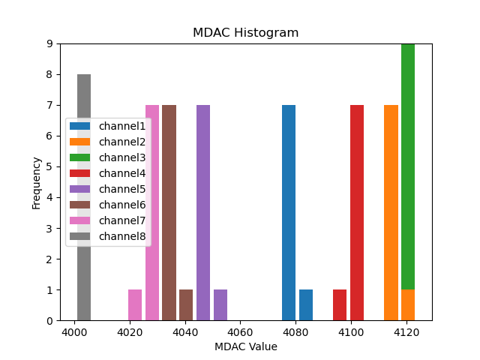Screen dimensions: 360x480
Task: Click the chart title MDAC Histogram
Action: coord(245,33)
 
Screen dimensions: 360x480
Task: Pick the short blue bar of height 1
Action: coord(306,304)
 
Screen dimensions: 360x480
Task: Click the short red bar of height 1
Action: coord(340,304)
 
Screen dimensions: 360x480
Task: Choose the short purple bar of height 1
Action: coord(220,304)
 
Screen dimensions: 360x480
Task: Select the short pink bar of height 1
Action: coord(135,304)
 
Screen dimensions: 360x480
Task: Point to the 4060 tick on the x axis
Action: coord(240,332)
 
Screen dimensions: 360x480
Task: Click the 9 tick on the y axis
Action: coord(49,43)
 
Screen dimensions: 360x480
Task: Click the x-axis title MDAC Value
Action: coord(245,346)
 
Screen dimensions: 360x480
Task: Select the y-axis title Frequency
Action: coord(36,182)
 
